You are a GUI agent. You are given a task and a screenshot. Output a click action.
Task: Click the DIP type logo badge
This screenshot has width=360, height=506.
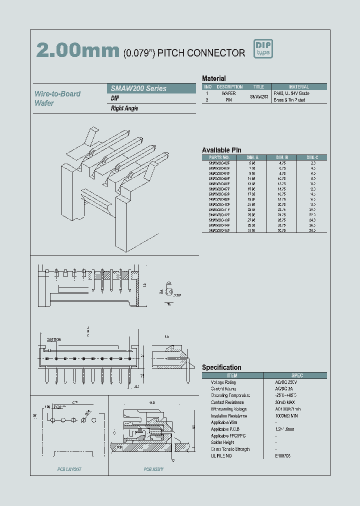tap(263, 49)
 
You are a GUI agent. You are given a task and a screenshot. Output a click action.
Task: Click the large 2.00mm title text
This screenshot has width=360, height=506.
tap(78, 50)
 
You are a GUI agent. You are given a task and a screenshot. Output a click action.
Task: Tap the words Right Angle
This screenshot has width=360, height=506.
tap(124, 108)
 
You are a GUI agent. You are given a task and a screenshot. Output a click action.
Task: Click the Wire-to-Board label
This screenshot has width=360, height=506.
tap(57, 94)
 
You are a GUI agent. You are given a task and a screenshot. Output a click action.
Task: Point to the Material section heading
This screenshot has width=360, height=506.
tap(214, 78)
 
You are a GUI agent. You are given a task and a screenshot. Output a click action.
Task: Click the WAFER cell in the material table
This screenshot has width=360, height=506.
tap(228, 93)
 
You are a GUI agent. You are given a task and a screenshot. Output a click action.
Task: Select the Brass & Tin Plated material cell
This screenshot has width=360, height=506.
tap(289, 100)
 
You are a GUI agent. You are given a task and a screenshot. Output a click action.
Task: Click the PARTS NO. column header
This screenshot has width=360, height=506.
tap(219, 157)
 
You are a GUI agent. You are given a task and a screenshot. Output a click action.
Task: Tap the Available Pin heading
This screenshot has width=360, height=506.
tap(221, 150)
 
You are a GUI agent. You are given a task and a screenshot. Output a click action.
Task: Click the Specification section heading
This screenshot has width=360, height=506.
tap(221, 367)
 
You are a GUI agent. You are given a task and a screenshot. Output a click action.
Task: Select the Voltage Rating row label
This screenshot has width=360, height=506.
tap(223, 382)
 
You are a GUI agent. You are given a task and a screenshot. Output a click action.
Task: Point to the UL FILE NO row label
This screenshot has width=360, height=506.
tap(221, 456)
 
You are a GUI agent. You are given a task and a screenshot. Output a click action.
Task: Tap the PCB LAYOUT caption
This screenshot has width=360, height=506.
tap(69, 469)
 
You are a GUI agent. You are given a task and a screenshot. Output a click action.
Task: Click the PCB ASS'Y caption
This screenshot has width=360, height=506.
tap(153, 469)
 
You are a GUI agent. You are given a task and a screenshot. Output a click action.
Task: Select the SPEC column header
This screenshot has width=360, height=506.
tap(297, 375)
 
